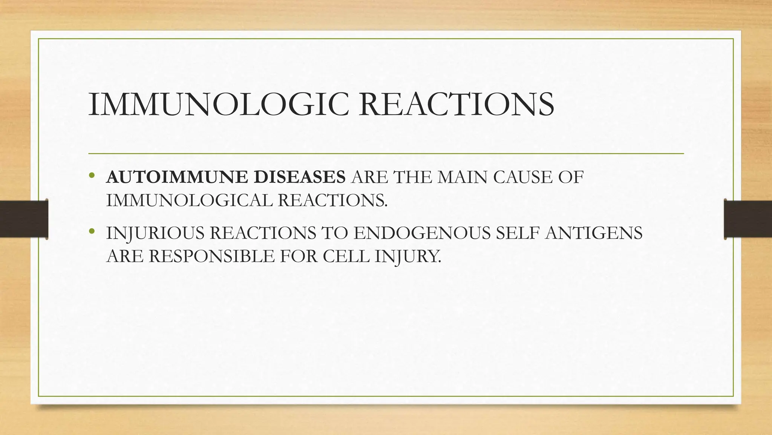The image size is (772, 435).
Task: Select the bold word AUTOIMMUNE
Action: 177,177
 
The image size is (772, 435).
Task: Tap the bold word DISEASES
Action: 299,177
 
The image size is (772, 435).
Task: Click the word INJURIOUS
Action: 155,233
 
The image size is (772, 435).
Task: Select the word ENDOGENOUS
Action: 422,233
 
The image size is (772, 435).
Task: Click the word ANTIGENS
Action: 594,233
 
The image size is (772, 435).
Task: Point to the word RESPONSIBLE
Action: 211,256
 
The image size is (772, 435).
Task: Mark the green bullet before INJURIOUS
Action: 92,231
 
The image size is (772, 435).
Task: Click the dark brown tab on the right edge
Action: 748,219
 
